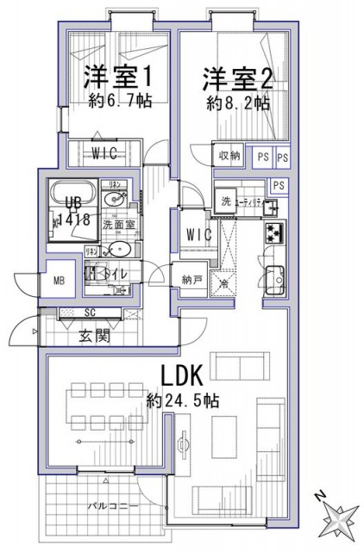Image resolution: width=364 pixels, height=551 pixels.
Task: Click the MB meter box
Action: coord(60,280)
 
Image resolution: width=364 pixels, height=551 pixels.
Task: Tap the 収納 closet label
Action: coord(229,155)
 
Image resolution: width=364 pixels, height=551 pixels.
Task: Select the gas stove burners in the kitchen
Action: coord(275,231)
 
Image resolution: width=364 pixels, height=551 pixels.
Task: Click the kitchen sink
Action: coord(276,277)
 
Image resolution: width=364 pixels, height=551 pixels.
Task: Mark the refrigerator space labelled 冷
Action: coord(224,285)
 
